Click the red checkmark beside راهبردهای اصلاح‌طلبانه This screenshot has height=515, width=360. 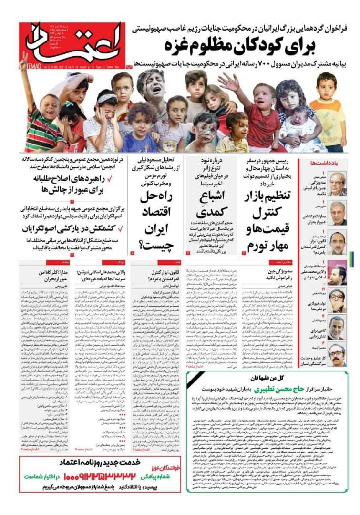[x=109, y=180]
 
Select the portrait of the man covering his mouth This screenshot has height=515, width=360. [x=337, y=300]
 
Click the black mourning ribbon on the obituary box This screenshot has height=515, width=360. [x=193, y=379]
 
